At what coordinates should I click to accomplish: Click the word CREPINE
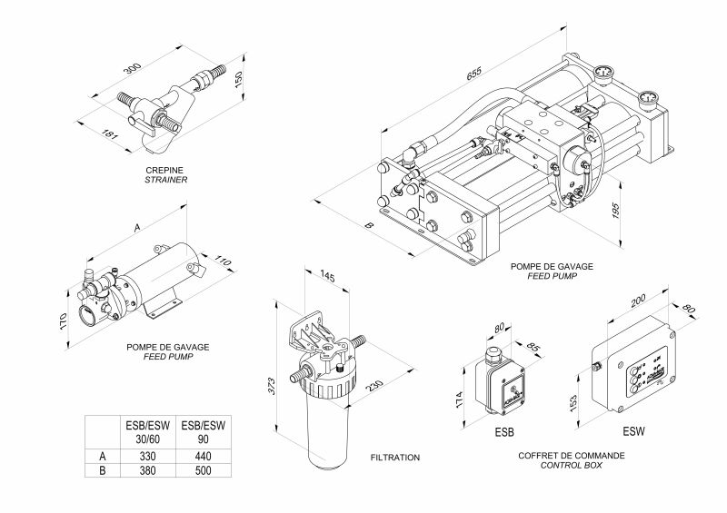coord(165,170)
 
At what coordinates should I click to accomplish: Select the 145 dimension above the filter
coord(328,276)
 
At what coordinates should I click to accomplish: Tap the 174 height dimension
coord(460,398)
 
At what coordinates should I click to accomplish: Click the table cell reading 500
coord(202,471)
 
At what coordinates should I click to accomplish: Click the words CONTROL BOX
coord(567,465)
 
